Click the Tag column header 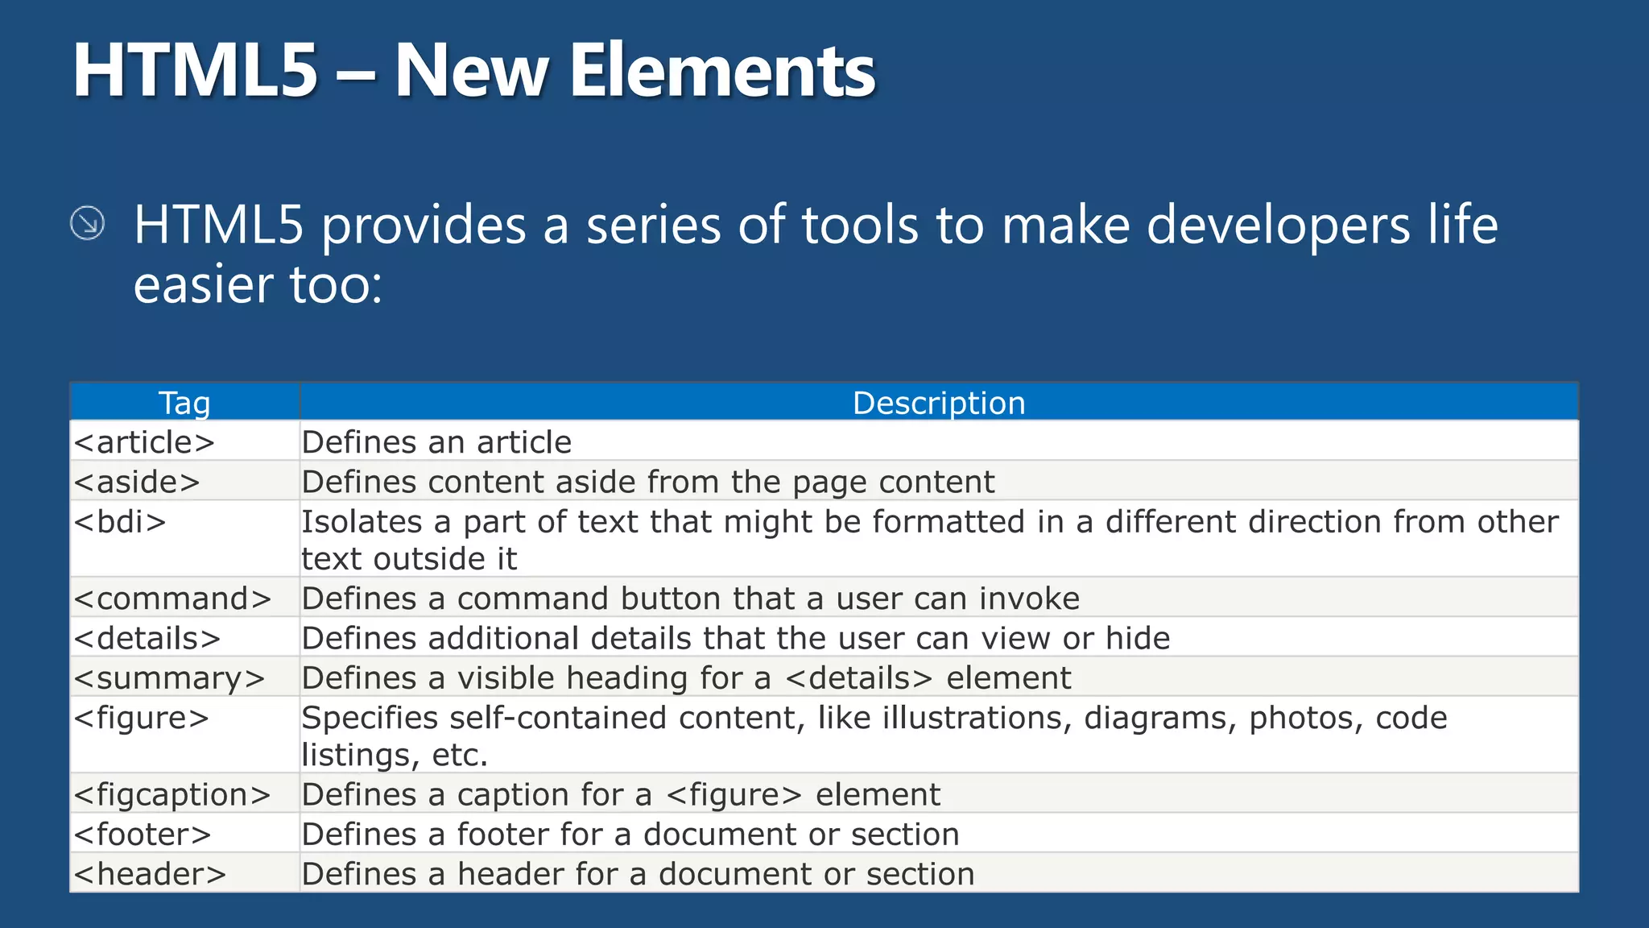pos(184,403)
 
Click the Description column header pos(939,403)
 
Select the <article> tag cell pos(145,442)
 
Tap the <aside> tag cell pos(137,482)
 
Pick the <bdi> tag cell pos(121,522)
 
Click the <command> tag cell pos(173,599)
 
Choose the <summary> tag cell pos(169,678)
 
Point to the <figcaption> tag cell pos(172,795)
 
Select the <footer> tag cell pos(143,835)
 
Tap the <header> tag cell pos(151,874)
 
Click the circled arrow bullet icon pos(87,223)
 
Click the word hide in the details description pos(1137,638)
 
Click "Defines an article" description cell pos(436,442)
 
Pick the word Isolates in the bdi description pos(362,522)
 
